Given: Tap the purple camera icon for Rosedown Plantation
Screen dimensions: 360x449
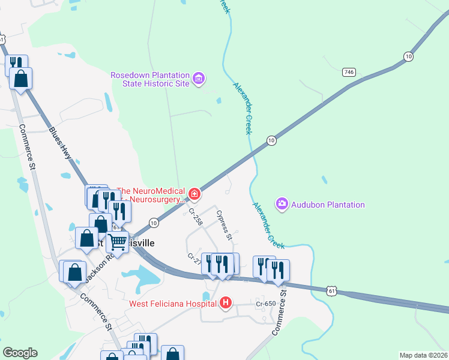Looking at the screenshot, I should tap(199, 78).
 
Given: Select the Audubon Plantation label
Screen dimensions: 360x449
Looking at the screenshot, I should tap(328, 205).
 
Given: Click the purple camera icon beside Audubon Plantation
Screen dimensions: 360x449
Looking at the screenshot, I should tap(282, 205).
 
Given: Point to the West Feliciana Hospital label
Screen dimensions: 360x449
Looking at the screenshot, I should tap(173, 304).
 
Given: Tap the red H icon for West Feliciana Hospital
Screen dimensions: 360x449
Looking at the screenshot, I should tap(226, 303).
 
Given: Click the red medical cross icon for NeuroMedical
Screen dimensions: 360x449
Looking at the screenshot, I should tap(194, 193).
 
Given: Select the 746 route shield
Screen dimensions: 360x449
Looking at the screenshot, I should tap(348, 72).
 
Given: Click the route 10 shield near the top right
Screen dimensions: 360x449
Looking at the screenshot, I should tap(408, 56).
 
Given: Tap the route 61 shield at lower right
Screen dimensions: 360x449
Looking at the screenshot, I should tap(332, 290).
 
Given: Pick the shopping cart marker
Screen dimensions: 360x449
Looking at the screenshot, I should tap(116, 242).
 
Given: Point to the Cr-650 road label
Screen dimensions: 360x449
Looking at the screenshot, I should tap(265, 304).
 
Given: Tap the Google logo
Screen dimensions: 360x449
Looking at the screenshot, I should tap(20, 353).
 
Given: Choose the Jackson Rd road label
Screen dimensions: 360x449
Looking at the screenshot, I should tap(100, 265).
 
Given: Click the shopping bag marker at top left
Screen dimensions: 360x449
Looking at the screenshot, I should tap(21, 79).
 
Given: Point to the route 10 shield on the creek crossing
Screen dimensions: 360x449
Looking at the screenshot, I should tap(271, 140).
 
